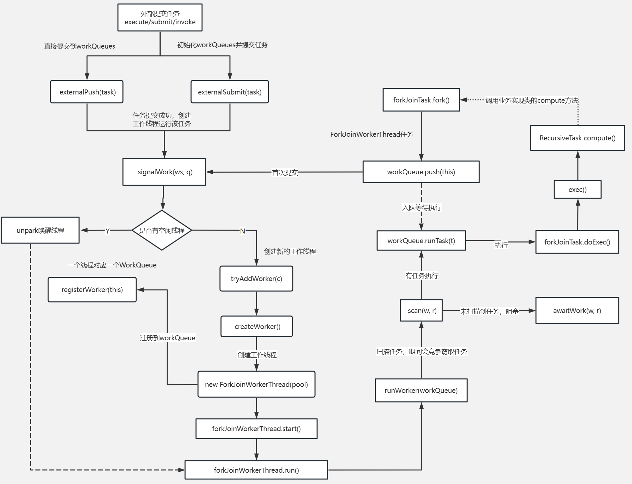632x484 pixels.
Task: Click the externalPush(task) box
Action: pos(87,92)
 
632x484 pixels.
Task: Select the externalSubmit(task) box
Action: pos(230,92)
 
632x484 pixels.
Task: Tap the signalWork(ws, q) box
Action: pos(164,172)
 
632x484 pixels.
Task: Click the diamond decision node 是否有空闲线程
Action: pos(162,230)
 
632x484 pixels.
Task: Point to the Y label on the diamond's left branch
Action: pos(107,231)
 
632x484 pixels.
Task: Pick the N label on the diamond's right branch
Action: pos(242,231)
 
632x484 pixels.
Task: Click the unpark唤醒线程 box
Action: pos(40,230)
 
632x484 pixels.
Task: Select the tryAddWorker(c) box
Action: pos(256,279)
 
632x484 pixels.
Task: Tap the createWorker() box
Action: pos(257,326)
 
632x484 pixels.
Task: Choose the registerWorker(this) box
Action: pos(92,290)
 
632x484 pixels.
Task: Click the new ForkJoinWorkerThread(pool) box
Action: pos(256,384)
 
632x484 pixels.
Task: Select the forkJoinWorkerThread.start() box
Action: pos(256,428)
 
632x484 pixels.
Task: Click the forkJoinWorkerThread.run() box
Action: pos(256,470)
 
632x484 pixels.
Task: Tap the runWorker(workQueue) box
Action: pos(421,390)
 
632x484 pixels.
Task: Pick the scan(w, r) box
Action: pos(421,310)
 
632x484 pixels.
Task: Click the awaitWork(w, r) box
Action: pos(577,310)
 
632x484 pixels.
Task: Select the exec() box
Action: pos(577,190)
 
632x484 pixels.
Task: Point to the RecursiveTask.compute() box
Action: pos(577,138)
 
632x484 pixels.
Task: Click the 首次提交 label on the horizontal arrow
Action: pos(285,172)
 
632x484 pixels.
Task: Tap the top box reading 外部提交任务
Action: pos(160,18)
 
